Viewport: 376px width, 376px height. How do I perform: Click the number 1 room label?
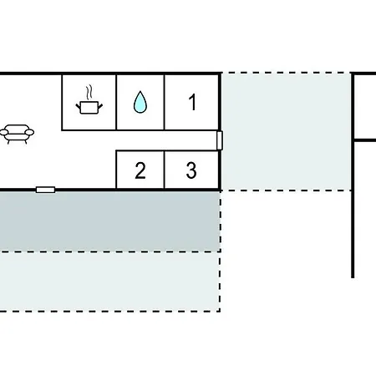click(x=192, y=102)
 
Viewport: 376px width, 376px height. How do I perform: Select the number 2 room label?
click(x=140, y=170)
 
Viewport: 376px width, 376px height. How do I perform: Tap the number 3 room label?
click(x=191, y=170)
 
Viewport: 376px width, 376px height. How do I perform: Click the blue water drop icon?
click(x=140, y=102)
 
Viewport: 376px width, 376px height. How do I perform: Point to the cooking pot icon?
click(x=89, y=108)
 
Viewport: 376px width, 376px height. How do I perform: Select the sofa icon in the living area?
click(x=17, y=134)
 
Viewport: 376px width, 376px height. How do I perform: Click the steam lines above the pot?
click(x=89, y=93)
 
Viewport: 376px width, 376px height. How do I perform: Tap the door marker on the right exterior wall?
click(x=220, y=140)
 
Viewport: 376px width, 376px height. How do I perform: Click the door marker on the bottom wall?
click(x=45, y=190)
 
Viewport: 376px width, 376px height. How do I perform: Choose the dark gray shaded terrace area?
click(x=110, y=221)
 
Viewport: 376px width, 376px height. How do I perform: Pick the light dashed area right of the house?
click(x=287, y=132)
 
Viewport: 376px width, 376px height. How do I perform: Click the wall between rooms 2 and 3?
click(x=165, y=170)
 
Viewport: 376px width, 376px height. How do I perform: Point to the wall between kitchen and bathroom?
click(x=116, y=102)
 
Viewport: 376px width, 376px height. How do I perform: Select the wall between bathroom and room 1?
click(x=165, y=102)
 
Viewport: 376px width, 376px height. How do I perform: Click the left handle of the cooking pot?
click(x=78, y=106)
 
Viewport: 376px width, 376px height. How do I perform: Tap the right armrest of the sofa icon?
click(x=29, y=132)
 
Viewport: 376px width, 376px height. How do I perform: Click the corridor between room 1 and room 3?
click(x=167, y=140)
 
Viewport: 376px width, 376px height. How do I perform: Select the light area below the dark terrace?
click(x=110, y=282)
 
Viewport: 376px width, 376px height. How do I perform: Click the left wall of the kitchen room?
click(x=62, y=102)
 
